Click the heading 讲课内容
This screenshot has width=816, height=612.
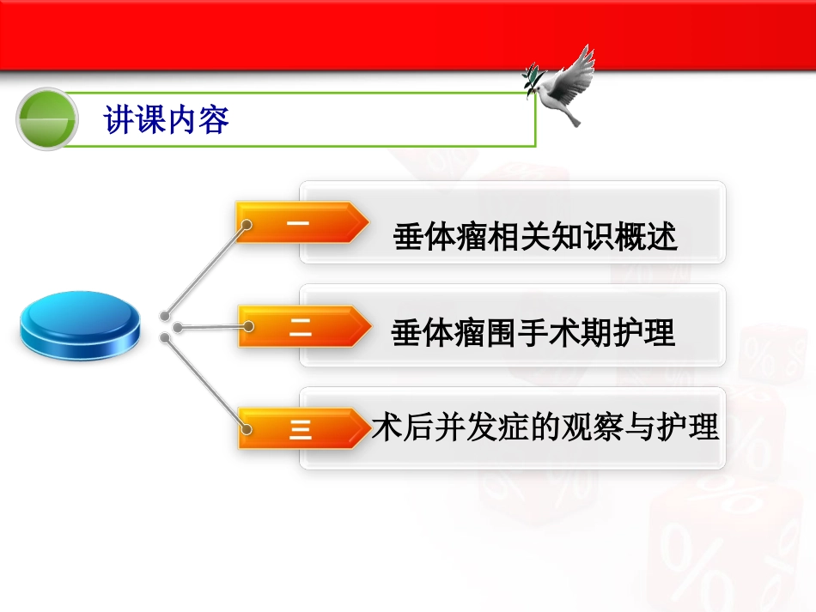tap(167, 119)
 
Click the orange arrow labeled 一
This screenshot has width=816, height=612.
tap(301, 223)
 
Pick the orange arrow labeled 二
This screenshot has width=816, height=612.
tap(301, 327)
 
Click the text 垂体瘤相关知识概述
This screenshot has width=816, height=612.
tap(535, 237)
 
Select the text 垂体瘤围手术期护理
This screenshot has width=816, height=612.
tap(533, 333)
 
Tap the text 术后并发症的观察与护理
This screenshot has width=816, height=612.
tap(545, 427)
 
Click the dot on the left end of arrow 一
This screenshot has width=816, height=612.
tap(247, 226)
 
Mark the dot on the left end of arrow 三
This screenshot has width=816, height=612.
tap(247, 427)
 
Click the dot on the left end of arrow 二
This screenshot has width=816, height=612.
tap(248, 326)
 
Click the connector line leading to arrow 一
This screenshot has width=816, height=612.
tap(206, 270)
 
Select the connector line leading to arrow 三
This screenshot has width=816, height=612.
tap(206, 383)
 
